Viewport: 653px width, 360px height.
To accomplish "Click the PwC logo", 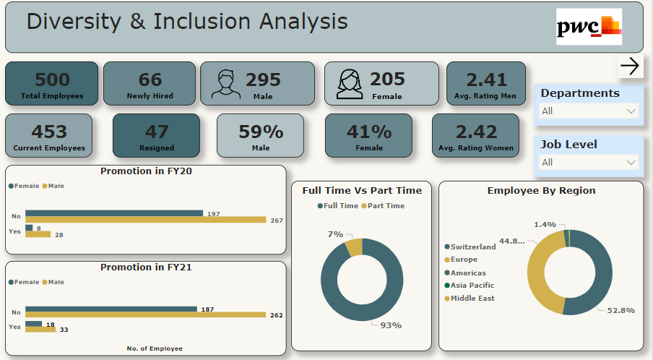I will (x=589, y=27).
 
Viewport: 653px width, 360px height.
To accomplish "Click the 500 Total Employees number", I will (x=52, y=80).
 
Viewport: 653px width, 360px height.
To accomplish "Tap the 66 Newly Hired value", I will (x=150, y=80).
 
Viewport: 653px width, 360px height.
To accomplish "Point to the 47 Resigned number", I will (x=157, y=132).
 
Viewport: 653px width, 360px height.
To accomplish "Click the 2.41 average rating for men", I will (x=486, y=80).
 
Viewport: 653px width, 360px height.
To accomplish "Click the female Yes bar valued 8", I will (x=29, y=228).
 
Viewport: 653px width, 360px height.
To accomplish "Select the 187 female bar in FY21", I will (x=111, y=309).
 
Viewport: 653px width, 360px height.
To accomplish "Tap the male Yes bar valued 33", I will (x=40, y=330).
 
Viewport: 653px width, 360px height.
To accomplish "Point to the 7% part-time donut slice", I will (x=354, y=247).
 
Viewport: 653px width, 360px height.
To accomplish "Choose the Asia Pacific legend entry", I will (x=470, y=286).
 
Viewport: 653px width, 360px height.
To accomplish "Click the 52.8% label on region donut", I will (x=620, y=310).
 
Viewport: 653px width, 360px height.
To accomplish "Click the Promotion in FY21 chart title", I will (x=145, y=267).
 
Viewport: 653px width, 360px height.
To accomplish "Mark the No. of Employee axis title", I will (x=155, y=348).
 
